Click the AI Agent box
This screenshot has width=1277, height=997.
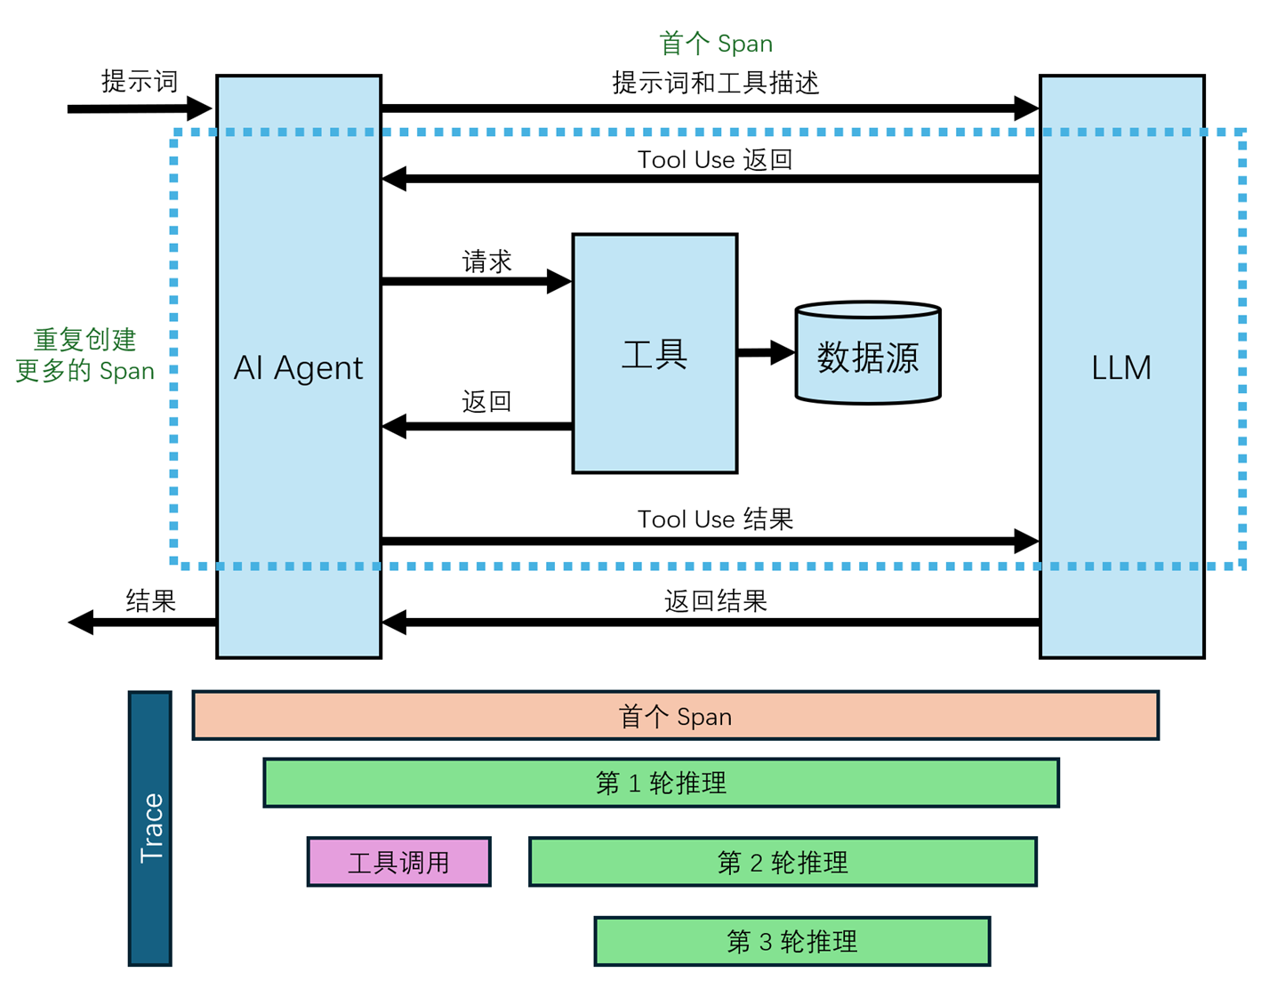(x=299, y=366)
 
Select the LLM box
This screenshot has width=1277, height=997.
(x=1121, y=366)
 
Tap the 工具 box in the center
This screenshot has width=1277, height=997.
(x=655, y=354)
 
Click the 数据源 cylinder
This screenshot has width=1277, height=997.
(x=868, y=356)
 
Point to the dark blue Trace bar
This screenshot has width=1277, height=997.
(x=150, y=828)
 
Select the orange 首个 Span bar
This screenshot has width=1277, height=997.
(x=675, y=716)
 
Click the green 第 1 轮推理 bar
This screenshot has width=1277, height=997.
(x=661, y=783)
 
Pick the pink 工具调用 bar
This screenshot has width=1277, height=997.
(x=398, y=862)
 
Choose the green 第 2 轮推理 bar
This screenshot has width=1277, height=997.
(x=783, y=862)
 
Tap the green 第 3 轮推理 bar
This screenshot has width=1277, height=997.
(x=791, y=941)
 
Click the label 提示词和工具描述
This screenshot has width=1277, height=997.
(x=715, y=83)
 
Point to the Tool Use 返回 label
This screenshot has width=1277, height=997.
(x=715, y=160)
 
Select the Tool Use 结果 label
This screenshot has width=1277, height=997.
(x=715, y=519)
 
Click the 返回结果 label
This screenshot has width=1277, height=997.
(x=715, y=601)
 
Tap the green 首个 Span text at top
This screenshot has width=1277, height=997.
(x=715, y=43)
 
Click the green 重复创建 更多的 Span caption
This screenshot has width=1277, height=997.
(x=84, y=355)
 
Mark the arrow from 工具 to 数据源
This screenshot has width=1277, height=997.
(x=765, y=353)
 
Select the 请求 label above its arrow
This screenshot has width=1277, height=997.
(x=486, y=261)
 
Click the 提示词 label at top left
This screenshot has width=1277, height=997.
(x=140, y=81)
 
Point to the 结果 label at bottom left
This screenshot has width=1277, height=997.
(x=150, y=601)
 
